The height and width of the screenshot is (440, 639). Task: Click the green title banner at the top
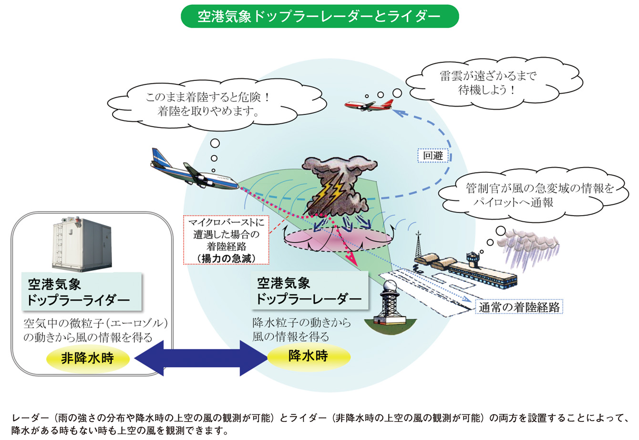click(x=319, y=17)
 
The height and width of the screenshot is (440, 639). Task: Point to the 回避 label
click(x=433, y=156)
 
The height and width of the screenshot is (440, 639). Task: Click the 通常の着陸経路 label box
click(x=519, y=307)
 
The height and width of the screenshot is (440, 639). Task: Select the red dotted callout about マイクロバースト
click(x=226, y=240)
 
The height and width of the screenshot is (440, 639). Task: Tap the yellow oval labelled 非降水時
click(x=87, y=359)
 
